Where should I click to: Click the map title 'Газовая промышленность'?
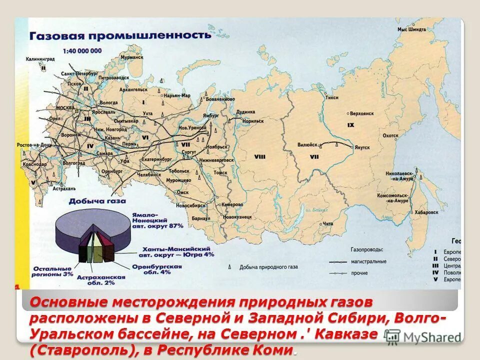click(x=117, y=35)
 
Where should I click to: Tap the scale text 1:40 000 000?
click(x=82, y=51)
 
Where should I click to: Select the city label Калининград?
click(x=40, y=59)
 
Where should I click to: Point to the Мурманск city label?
click(x=132, y=57)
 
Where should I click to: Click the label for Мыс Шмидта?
click(x=411, y=29)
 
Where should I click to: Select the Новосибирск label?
click(x=192, y=205)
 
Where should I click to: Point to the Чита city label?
click(x=327, y=223)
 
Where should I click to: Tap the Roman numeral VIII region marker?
click(x=259, y=156)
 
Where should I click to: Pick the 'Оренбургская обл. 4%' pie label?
click(x=163, y=270)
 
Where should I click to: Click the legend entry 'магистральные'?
click(x=368, y=261)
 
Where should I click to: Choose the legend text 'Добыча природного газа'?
click(x=268, y=267)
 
